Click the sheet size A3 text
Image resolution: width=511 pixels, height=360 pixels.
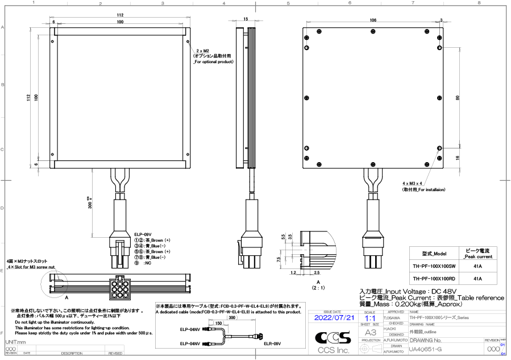(x=371, y=332)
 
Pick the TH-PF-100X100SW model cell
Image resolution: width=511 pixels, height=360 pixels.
(x=434, y=266)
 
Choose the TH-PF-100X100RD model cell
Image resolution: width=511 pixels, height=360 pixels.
(x=434, y=279)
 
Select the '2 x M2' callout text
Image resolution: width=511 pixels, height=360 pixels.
(x=202, y=51)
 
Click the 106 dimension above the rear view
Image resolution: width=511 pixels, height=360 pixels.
(x=372, y=20)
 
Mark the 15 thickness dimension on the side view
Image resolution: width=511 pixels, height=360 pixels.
(x=246, y=19)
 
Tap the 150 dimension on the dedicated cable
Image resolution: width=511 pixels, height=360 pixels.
(x=218, y=323)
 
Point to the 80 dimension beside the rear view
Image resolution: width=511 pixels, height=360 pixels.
(x=457, y=98)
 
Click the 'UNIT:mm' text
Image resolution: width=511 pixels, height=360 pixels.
(x=16, y=342)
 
